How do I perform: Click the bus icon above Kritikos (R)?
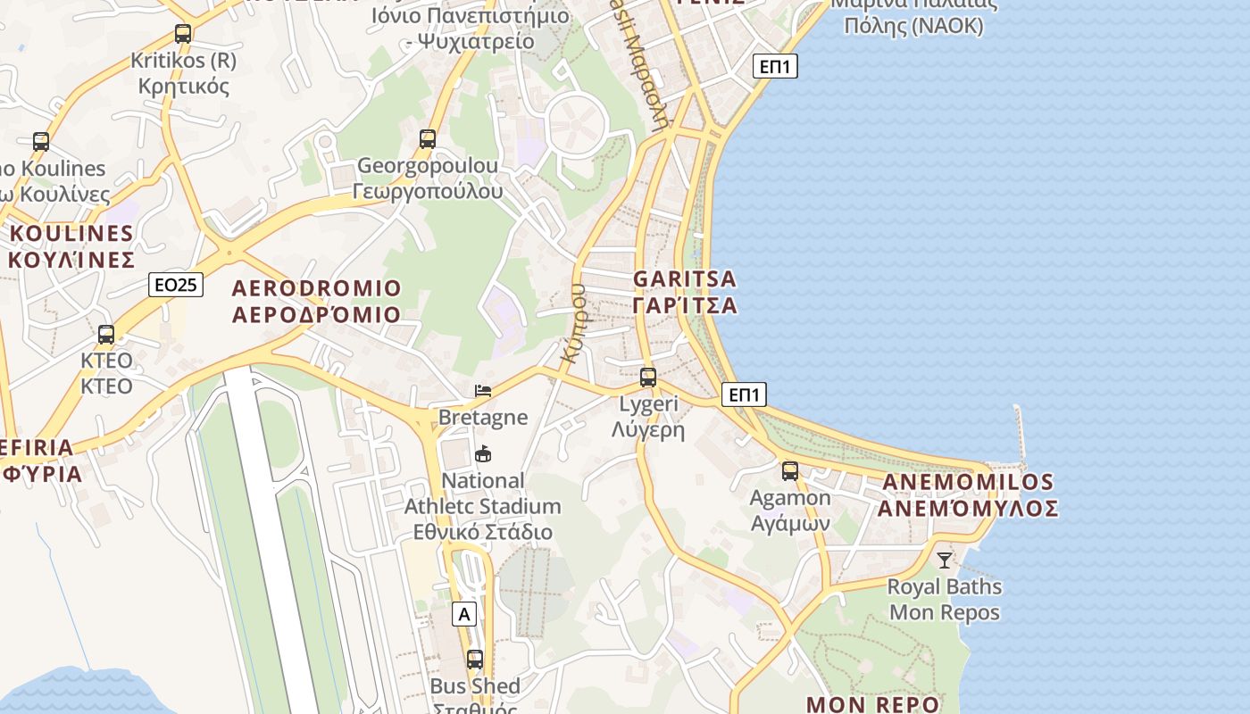tap(183, 34)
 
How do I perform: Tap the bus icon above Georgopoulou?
tap(428, 138)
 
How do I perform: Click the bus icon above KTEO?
tap(106, 335)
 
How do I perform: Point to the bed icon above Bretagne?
tap(483, 391)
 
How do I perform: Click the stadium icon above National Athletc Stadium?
tap(483, 454)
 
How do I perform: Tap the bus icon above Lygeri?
tap(648, 378)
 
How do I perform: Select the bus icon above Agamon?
tap(790, 471)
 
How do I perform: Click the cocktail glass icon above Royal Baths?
tap(945, 560)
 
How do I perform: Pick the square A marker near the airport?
tap(464, 614)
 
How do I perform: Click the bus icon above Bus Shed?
tap(475, 660)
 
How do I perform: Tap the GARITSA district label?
tap(685, 292)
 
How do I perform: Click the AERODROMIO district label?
tap(316, 301)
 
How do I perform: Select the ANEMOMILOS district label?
tap(968, 495)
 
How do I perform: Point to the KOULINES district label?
tap(71, 246)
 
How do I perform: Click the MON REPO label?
tap(872, 703)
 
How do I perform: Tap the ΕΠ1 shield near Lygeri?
tap(744, 394)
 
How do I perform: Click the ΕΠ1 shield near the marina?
tap(775, 66)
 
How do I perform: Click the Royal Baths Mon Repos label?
tap(945, 600)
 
